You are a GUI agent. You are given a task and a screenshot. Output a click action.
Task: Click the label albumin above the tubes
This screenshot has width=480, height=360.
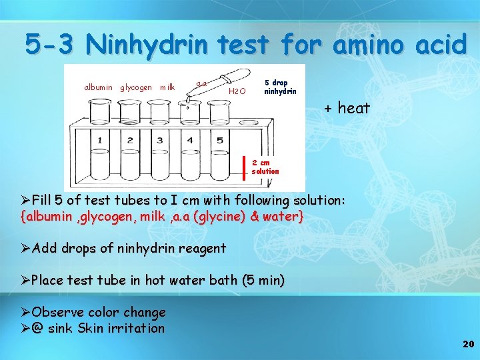click(x=98, y=87)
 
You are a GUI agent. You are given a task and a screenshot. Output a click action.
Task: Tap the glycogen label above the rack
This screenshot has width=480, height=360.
click(x=135, y=87)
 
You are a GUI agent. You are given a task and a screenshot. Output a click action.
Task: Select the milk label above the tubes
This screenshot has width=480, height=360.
click(x=167, y=87)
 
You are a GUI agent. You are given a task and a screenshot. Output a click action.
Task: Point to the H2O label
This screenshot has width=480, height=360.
click(x=237, y=90)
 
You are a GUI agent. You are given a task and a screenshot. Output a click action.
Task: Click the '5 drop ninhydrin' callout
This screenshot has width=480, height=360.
click(x=280, y=87)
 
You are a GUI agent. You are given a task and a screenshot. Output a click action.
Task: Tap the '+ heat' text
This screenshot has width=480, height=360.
click(x=347, y=108)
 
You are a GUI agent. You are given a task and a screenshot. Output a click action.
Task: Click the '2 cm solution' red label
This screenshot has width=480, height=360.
click(x=265, y=167)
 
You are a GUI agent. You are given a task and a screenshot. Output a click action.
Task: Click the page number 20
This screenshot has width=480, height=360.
click(x=467, y=344)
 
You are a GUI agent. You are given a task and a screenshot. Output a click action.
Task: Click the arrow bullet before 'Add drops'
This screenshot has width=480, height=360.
click(x=25, y=249)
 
